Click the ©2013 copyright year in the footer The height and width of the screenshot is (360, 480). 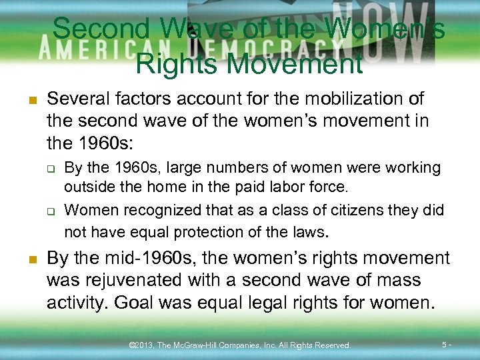pyautogui.click(x=141, y=345)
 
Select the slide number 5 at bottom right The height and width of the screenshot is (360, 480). pyautogui.click(x=445, y=345)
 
